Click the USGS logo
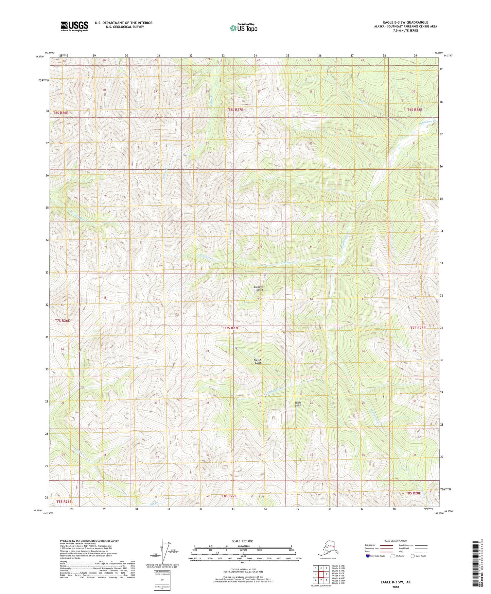pos(74,26)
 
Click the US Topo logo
pos(243,28)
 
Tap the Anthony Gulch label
pos(258,288)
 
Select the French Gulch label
pos(258,361)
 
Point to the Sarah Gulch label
pos(298,404)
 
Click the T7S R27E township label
pos(231,328)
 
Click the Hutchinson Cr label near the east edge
pos(427,121)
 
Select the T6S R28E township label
pos(415,110)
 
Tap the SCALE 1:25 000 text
pos(242,541)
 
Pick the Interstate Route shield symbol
pos(368,556)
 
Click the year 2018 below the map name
pos(396,587)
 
